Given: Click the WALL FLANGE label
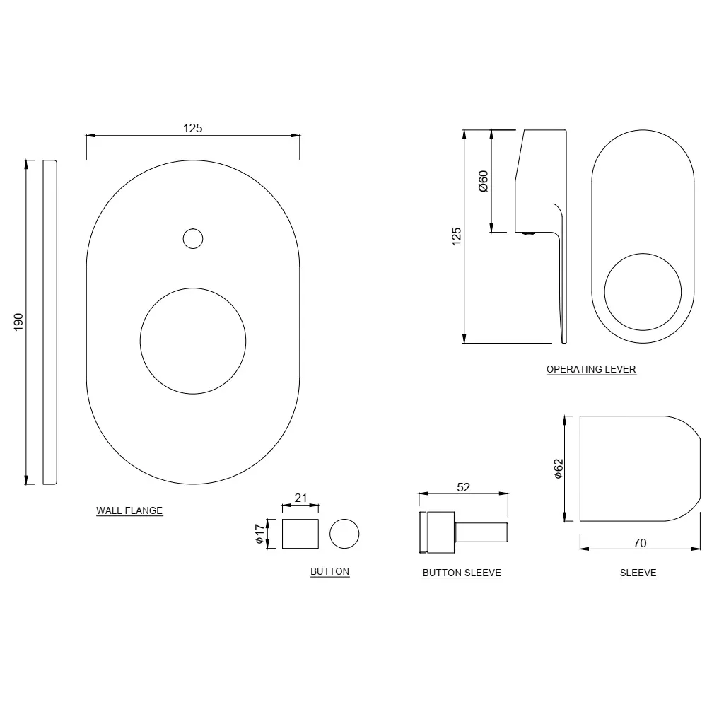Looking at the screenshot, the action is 129,510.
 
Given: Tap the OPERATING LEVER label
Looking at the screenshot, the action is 591,369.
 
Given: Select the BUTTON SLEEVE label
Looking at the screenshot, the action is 462,573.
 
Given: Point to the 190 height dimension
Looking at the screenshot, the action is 18,322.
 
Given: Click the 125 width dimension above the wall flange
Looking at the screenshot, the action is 192,129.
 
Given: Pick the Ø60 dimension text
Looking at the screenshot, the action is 483,181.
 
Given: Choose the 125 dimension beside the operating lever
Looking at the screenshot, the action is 456,236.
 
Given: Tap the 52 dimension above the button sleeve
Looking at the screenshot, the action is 464,487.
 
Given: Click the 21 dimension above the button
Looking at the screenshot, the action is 300,498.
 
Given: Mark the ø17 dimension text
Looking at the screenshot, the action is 259,534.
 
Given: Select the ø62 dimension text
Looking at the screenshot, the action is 559,469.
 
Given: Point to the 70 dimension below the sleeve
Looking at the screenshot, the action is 640,543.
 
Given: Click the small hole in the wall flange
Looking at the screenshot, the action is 193,239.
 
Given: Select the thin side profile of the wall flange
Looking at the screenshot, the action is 50,322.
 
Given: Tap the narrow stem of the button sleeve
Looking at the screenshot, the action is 481,532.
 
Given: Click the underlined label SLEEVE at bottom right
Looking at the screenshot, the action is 638,573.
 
